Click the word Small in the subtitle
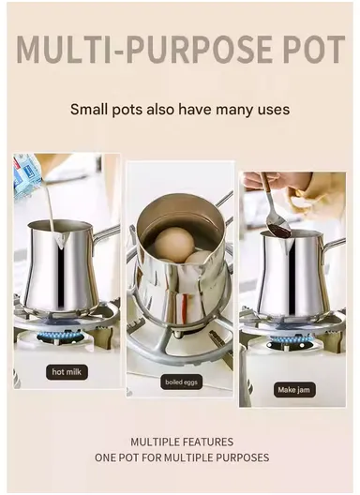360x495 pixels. (90, 110)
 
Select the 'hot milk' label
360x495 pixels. (67, 372)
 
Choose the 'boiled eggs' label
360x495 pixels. (180, 382)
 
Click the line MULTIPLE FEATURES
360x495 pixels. (182, 442)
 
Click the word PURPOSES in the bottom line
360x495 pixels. (238, 457)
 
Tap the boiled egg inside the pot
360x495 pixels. (172, 245)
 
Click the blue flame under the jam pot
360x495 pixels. (290, 341)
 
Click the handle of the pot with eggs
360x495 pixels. (223, 199)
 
